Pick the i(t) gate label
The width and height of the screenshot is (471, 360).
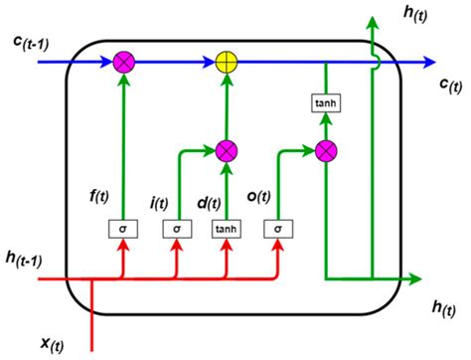pyautogui.click(x=159, y=204)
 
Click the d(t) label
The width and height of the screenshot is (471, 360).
pyautogui.click(x=208, y=204)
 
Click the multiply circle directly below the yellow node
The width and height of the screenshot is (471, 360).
pyautogui.click(x=229, y=152)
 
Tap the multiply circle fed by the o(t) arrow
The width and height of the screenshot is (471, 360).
pyautogui.click(x=326, y=151)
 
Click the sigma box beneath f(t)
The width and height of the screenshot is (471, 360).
pyautogui.click(x=123, y=229)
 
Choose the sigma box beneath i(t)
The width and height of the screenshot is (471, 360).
pyautogui.click(x=176, y=229)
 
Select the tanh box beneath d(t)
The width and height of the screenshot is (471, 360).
pyautogui.click(x=229, y=229)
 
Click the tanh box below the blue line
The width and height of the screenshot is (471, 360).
pyautogui.click(x=326, y=102)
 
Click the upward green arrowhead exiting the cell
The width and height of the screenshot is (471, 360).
pyautogui.click(x=372, y=23)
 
